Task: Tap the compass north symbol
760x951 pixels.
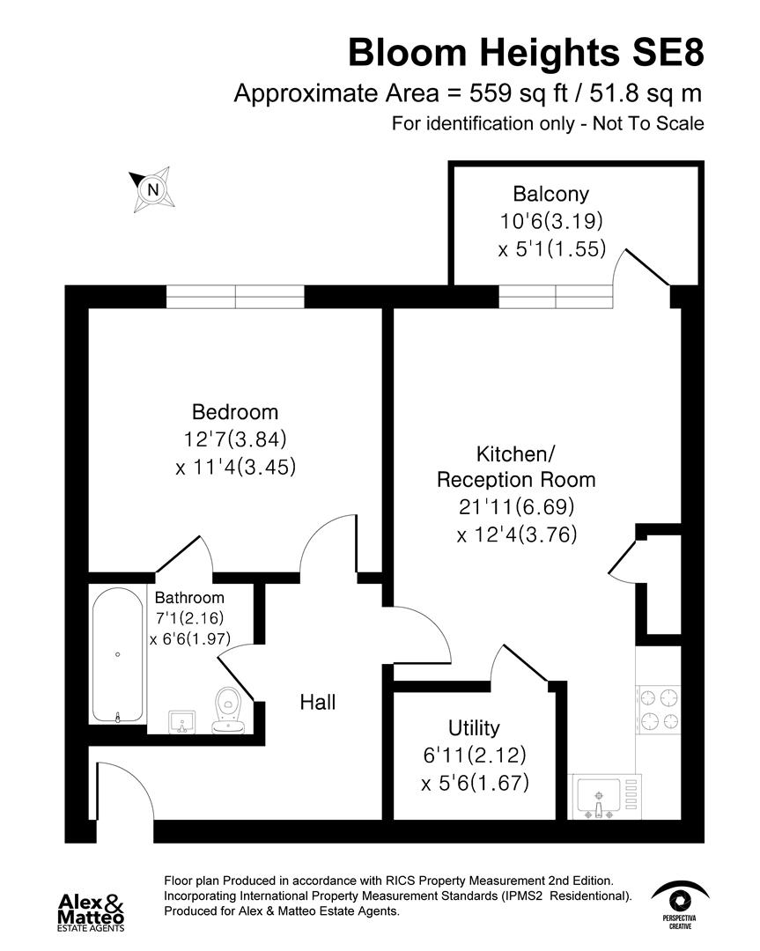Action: (153, 189)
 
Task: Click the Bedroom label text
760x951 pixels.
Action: (235, 411)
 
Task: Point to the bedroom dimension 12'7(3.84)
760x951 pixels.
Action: (235, 439)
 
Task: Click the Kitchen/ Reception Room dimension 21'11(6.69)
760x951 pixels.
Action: (516, 506)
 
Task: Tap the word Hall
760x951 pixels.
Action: (317, 702)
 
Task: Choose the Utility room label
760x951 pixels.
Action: (474, 727)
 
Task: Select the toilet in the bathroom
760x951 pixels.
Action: (228, 710)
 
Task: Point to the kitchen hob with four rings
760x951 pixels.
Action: (659, 709)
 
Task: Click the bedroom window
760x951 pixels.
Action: (235, 297)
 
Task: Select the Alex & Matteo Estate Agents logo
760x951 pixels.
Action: (91, 911)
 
